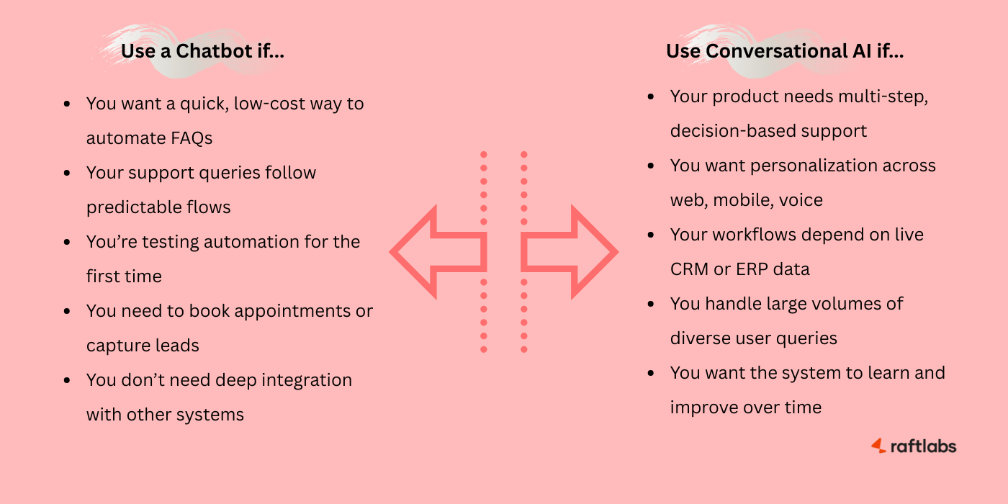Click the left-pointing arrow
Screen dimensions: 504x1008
point(436,252)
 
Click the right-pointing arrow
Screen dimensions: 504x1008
point(571,252)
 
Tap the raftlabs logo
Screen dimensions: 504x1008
point(914,446)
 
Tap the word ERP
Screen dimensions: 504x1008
point(751,269)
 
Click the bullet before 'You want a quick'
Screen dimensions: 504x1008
point(68,104)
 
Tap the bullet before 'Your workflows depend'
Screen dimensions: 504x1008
point(652,235)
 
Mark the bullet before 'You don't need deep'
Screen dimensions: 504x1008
point(68,381)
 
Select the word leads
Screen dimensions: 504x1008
point(178,346)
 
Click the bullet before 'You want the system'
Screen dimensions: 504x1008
point(652,374)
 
